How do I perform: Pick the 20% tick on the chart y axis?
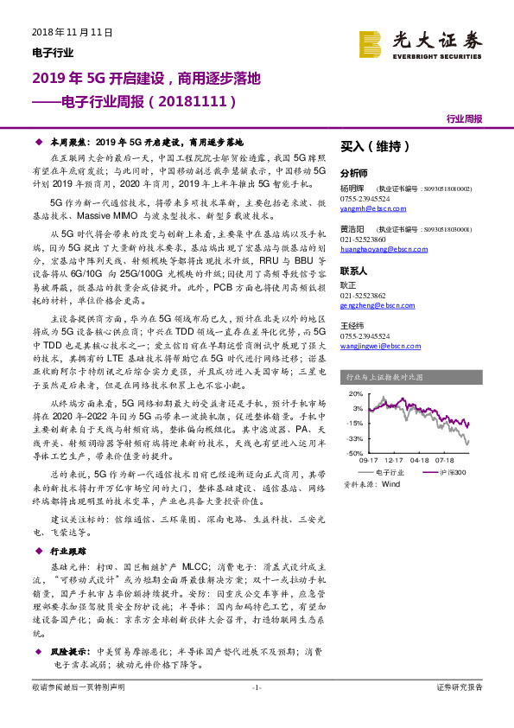[355, 393]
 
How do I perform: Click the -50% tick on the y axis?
[354, 452]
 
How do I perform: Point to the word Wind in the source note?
[390, 485]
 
